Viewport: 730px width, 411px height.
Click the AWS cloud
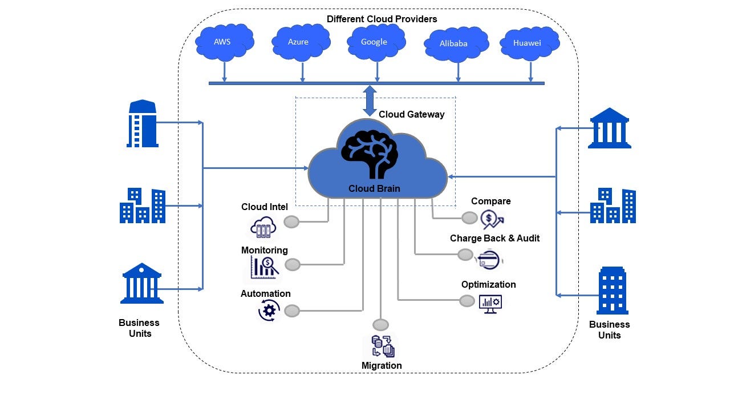[224, 42]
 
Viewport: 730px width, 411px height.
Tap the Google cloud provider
[375, 42]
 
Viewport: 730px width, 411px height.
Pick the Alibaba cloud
[455, 44]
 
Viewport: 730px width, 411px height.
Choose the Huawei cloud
[528, 43]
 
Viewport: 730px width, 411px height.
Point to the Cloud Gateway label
[411, 114]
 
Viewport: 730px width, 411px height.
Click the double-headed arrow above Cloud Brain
[370, 100]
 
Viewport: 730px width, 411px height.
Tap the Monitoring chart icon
[263, 266]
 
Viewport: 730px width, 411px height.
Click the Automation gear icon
[269, 310]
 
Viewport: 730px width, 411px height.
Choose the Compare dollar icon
[492, 219]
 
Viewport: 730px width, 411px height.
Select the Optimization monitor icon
[490, 303]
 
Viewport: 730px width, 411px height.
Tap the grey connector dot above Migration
[380, 325]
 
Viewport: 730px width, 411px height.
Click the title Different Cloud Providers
[382, 19]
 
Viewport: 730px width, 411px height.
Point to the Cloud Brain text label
[374, 188]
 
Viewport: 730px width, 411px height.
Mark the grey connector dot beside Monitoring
[293, 264]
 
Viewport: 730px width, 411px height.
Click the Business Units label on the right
[609, 329]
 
